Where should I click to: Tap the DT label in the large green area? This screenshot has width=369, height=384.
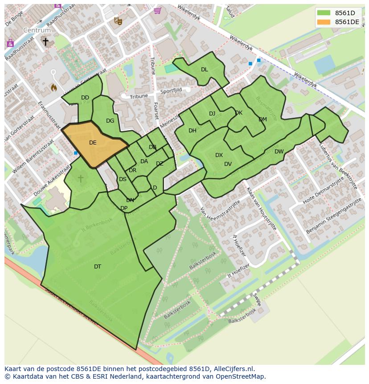(98, 267)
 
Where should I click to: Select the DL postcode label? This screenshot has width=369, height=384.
(204, 70)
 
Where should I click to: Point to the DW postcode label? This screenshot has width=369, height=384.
(279, 152)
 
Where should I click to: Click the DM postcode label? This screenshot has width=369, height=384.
(262, 120)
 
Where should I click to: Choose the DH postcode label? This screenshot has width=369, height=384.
(193, 131)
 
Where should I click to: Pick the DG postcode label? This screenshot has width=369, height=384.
(110, 121)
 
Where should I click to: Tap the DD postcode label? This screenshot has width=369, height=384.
(85, 98)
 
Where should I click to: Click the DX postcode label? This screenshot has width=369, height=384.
(219, 155)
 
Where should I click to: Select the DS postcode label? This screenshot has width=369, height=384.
(123, 179)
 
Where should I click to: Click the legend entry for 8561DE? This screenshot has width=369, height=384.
(347, 22)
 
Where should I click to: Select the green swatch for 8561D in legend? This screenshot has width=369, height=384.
(324, 13)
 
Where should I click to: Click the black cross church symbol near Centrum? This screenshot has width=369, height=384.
(45, 41)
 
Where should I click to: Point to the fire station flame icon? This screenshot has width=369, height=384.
(54, 87)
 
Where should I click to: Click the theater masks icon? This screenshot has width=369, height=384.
(118, 20)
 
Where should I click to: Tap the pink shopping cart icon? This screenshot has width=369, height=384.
(157, 10)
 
